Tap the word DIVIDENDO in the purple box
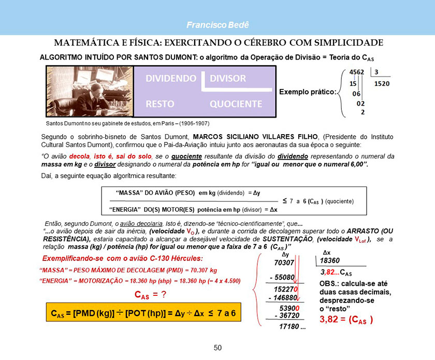tap(171, 79)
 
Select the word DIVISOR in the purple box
tap(228, 79)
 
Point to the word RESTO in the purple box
tap(160, 104)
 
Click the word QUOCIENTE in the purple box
tap(236, 104)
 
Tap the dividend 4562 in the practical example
tap(356, 72)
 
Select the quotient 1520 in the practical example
tap(382, 83)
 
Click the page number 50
tap(218, 348)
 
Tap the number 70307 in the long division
tap(284, 263)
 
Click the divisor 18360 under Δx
tap(330, 261)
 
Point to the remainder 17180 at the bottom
tap(292, 327)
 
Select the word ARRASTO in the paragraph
tap(369, 231)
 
